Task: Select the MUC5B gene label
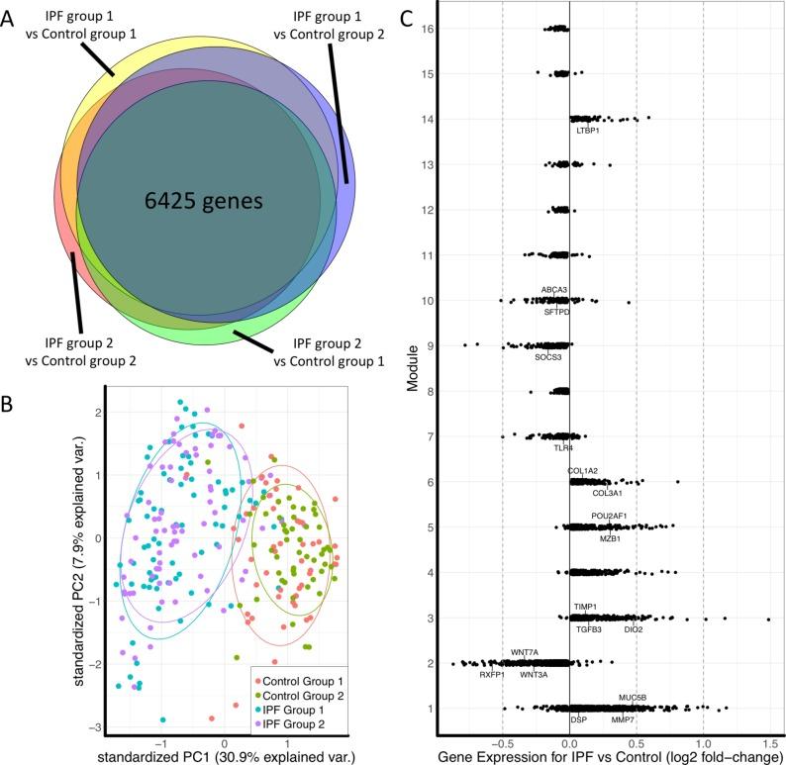pos(633,698)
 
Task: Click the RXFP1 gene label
pos(493,675)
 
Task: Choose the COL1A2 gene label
pos(583,470)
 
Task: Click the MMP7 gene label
pos(624,719)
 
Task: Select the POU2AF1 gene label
pos(609,516)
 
